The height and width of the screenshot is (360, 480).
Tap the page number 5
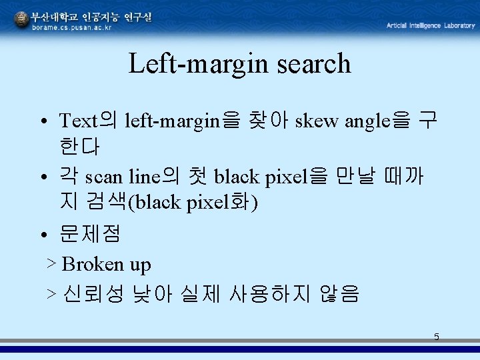coord(437,337)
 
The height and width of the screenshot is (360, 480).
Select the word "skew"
coord(317,121)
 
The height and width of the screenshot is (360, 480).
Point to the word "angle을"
coord(377,121)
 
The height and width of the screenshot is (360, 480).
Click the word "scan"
coord(104,178)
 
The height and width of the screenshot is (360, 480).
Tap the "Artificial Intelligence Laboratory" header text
coord(430,25)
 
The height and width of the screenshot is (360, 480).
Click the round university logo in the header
coord(21,20)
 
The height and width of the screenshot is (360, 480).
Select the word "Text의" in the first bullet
coord(87,121)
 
